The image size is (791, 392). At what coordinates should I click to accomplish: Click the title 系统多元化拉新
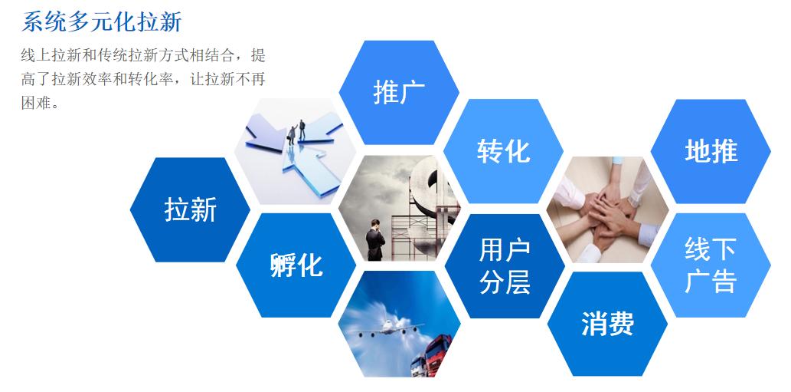[102, 22]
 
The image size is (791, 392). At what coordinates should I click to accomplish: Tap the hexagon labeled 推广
[398, 92]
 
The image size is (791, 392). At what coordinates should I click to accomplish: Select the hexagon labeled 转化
[503, 151]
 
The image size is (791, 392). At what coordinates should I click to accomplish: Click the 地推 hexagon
[711, 151]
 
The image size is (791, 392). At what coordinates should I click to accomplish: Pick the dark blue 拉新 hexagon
[190, 209]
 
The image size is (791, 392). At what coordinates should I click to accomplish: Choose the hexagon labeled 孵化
[296, 265]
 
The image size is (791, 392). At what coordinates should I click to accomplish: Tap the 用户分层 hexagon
[505, 265]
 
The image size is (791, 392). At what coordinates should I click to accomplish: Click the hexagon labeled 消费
[607, 324]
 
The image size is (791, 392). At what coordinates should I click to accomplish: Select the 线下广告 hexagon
[711, 265]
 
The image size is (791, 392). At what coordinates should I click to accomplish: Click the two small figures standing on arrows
[296, 130]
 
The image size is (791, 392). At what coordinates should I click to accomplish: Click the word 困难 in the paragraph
[35, 103]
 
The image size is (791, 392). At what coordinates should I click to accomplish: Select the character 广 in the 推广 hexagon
[413, 92]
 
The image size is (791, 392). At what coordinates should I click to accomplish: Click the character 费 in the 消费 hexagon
[621, 324]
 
